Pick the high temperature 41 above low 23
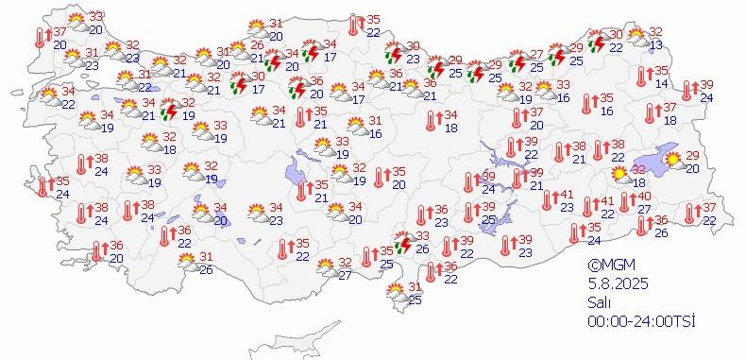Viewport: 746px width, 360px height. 568,195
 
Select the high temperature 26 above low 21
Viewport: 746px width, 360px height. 257,45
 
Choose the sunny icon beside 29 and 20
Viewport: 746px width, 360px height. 673,161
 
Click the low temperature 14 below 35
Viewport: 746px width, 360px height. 662,84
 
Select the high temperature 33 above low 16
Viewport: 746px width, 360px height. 564,85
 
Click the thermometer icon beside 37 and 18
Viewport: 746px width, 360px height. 649,113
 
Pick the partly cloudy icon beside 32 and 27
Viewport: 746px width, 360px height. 325,268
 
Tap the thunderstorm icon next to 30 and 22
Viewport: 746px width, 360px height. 596,42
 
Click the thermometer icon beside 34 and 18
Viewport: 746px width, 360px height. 431,120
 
